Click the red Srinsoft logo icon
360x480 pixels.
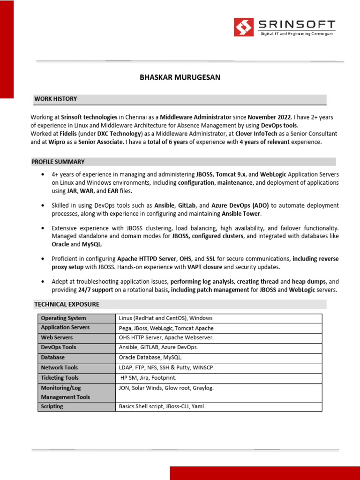(244, 27)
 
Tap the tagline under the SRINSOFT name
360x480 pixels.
(297, 34)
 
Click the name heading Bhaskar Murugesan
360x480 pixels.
(180, 77)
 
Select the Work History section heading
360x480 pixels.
(55, 99)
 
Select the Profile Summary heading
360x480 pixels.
(58, 162)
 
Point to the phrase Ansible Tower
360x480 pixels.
(241, 214)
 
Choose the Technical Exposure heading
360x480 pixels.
(67, 304)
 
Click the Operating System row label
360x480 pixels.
(63, 318)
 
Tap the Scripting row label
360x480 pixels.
(52, 406)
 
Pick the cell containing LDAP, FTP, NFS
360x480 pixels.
(166, 367)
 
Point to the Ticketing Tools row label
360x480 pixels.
(60, 378)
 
